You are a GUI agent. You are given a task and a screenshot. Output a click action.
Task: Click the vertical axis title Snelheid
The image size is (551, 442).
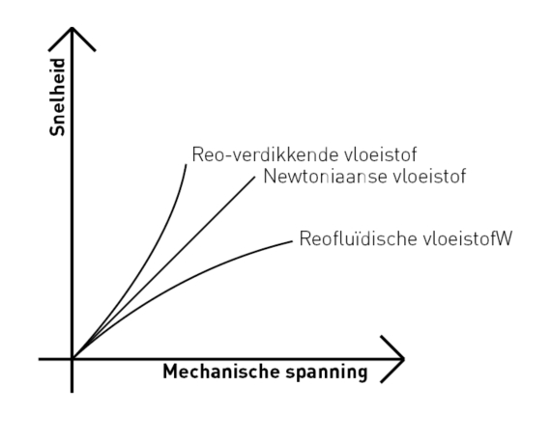click(x=57, y=97)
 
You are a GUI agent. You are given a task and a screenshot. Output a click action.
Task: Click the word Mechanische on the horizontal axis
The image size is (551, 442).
click(x=221, y=372)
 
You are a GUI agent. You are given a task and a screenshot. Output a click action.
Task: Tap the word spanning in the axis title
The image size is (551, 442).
click(x=327, y=373)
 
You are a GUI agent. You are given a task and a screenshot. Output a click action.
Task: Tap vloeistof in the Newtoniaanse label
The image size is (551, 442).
click(x=429, y=176)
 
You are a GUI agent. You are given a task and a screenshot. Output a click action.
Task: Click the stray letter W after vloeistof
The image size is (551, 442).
click(x=504, y=239)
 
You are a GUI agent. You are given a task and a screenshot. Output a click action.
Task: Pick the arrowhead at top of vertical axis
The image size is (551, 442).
click(x=72, y=28)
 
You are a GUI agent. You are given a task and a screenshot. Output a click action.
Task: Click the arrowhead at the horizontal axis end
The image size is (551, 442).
click(x=404, y=359)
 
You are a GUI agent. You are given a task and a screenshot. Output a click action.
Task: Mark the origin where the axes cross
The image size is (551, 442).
click(x=72, y=359)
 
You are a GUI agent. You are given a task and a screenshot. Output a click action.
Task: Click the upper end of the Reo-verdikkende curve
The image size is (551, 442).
click(x=187, y=164)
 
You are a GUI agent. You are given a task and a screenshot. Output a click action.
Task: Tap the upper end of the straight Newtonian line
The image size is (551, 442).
click(x=255, y=178)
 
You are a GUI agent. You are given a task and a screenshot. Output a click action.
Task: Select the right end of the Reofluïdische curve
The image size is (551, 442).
click(x=292, y=241)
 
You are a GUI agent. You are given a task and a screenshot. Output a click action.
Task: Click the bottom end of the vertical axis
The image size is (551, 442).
click(x=72, y=393)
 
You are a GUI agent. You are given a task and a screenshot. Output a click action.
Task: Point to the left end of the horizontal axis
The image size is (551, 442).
click(x=39, y=359)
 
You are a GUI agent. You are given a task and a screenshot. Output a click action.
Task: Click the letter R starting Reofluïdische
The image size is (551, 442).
click(x=304, y=239)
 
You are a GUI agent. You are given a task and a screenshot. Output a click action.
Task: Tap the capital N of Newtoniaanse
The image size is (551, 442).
click(x=270, y=176)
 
